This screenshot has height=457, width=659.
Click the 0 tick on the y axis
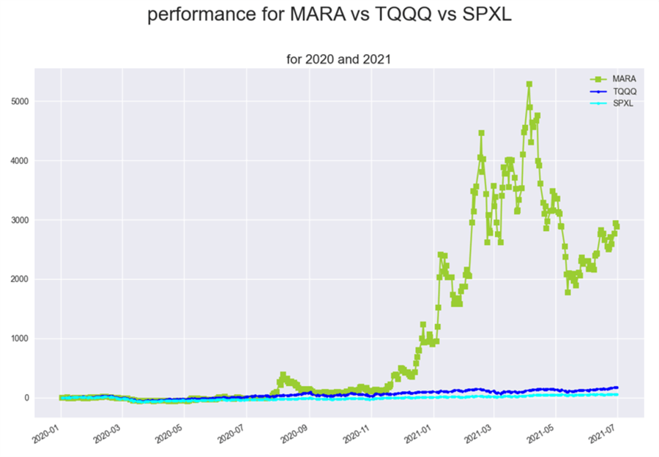(x=45, y=398)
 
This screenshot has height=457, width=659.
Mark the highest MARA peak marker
(x=529, y=85)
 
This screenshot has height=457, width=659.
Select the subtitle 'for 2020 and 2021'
(x=338, y=59)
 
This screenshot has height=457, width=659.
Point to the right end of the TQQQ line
(x=617, y=388)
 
